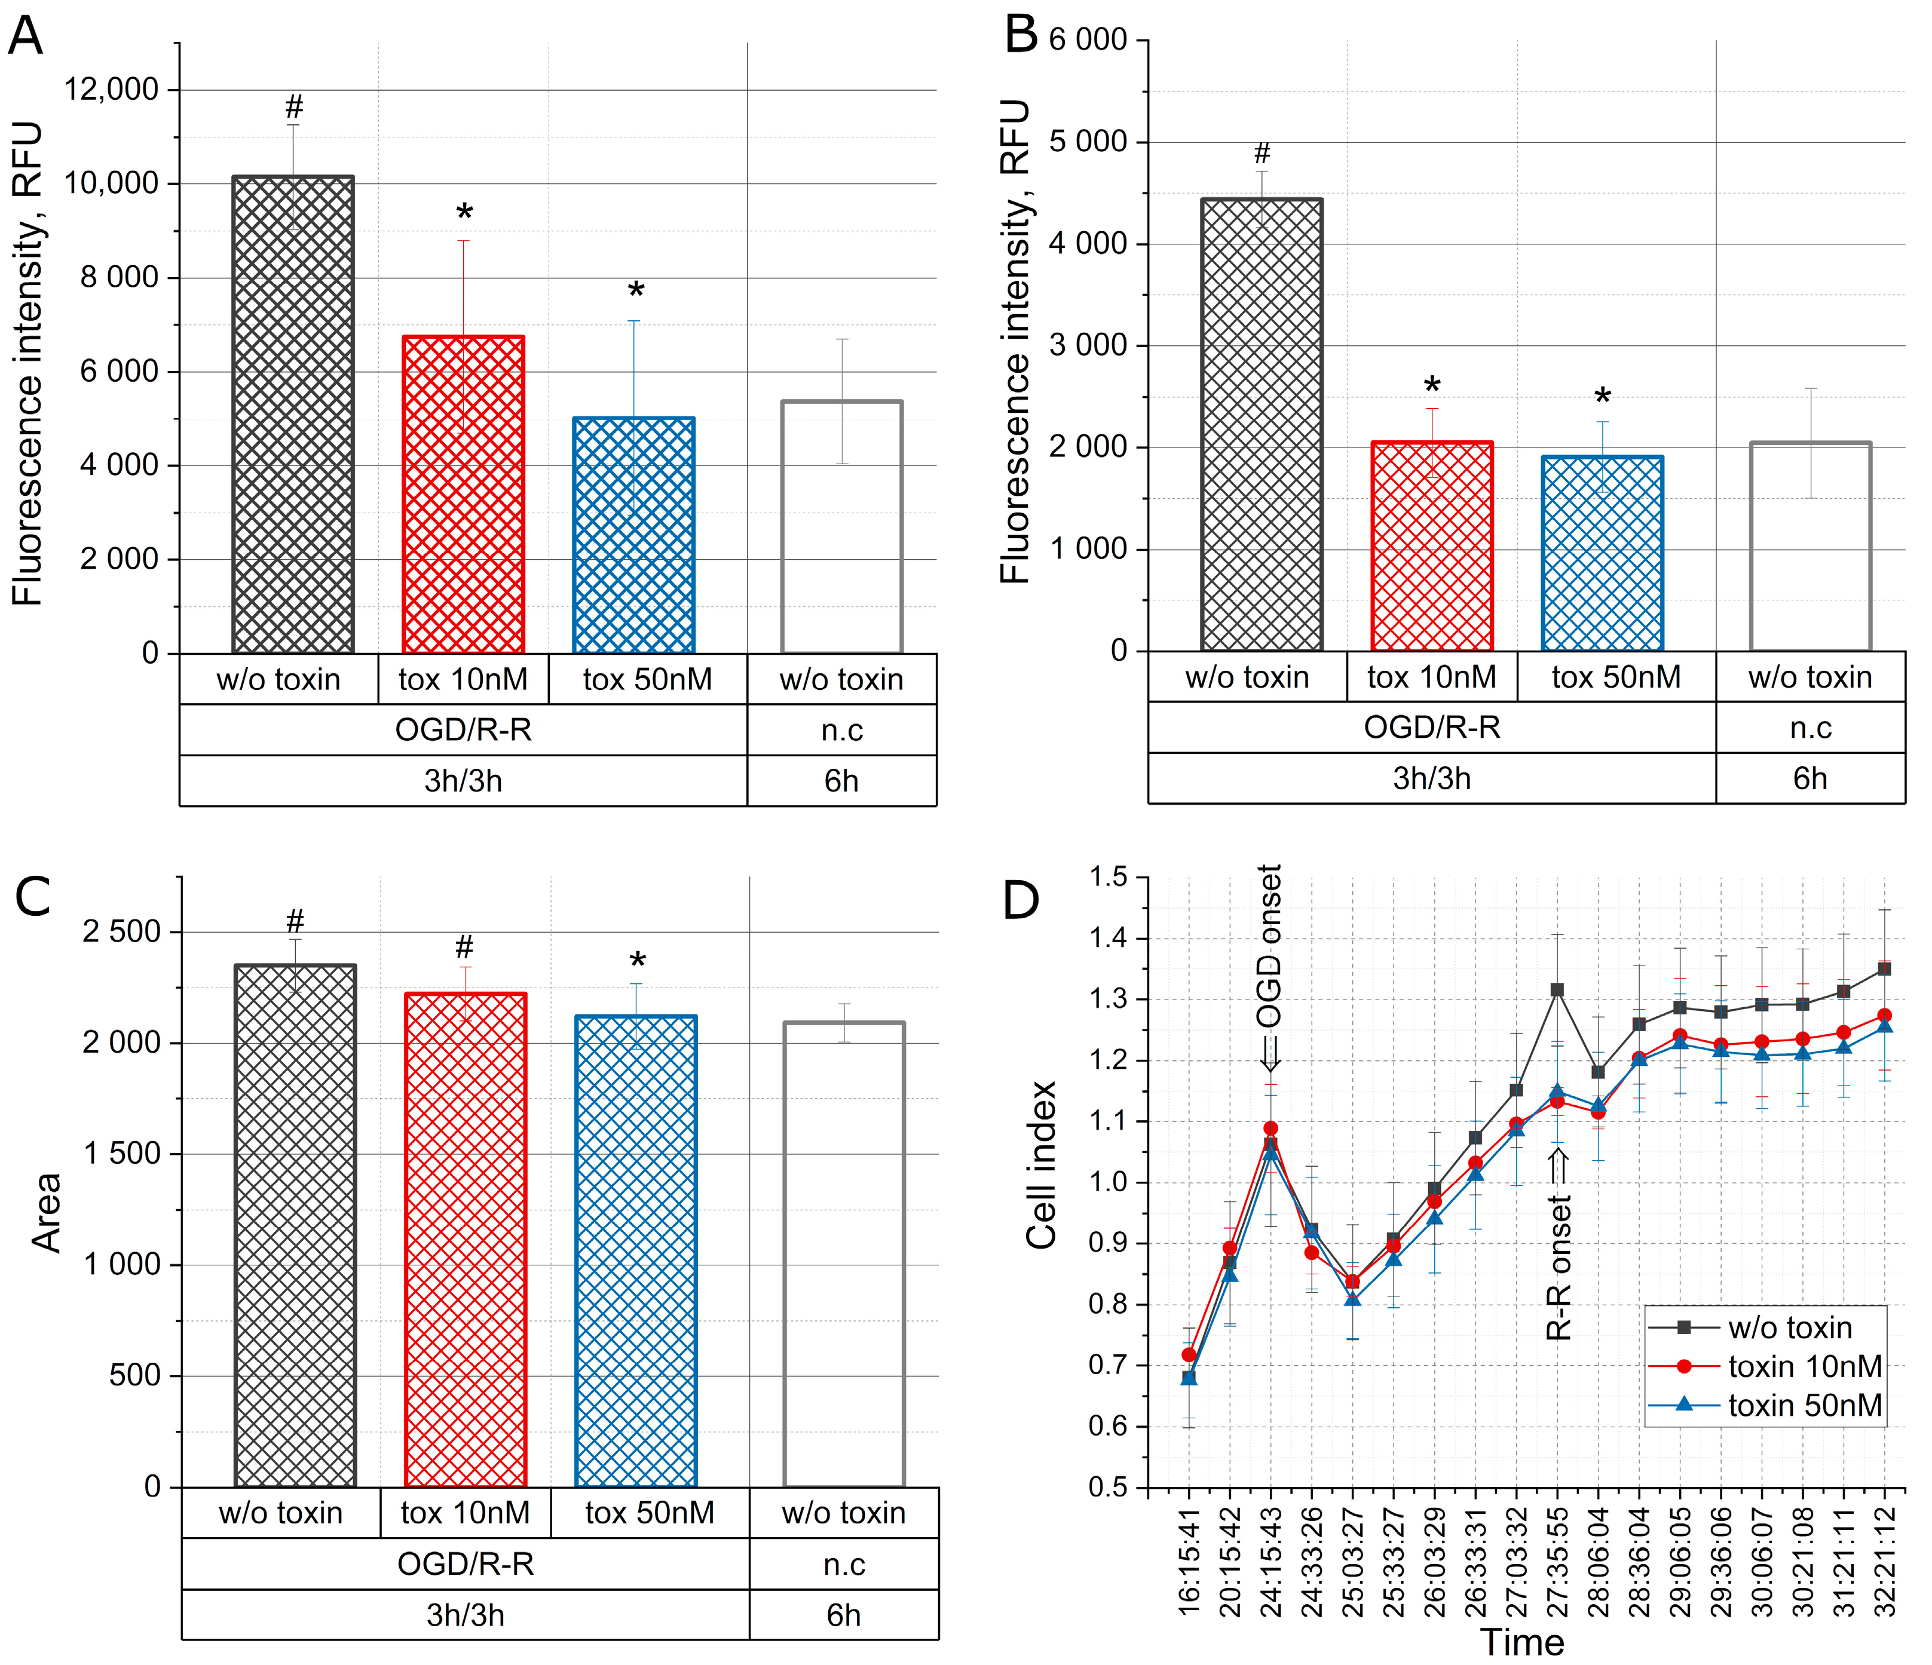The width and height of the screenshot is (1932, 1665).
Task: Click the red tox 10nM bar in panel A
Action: [463, 494]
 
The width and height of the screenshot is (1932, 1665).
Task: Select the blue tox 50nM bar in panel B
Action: [1602, 554]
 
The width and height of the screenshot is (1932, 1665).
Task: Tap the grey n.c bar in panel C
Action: [844, 1255]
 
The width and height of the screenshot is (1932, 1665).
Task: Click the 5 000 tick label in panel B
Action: [1088, 143]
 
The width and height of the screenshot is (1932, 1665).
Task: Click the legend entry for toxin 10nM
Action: [1804, 1367]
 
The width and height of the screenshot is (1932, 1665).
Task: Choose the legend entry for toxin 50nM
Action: [1804, 1405]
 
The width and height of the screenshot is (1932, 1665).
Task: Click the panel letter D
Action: [1021, 900]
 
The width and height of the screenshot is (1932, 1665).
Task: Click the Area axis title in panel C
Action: [47, 1212]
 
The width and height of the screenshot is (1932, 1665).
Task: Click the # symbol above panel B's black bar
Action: [1262, 153]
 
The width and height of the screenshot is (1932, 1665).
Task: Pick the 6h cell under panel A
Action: [841, 780]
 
